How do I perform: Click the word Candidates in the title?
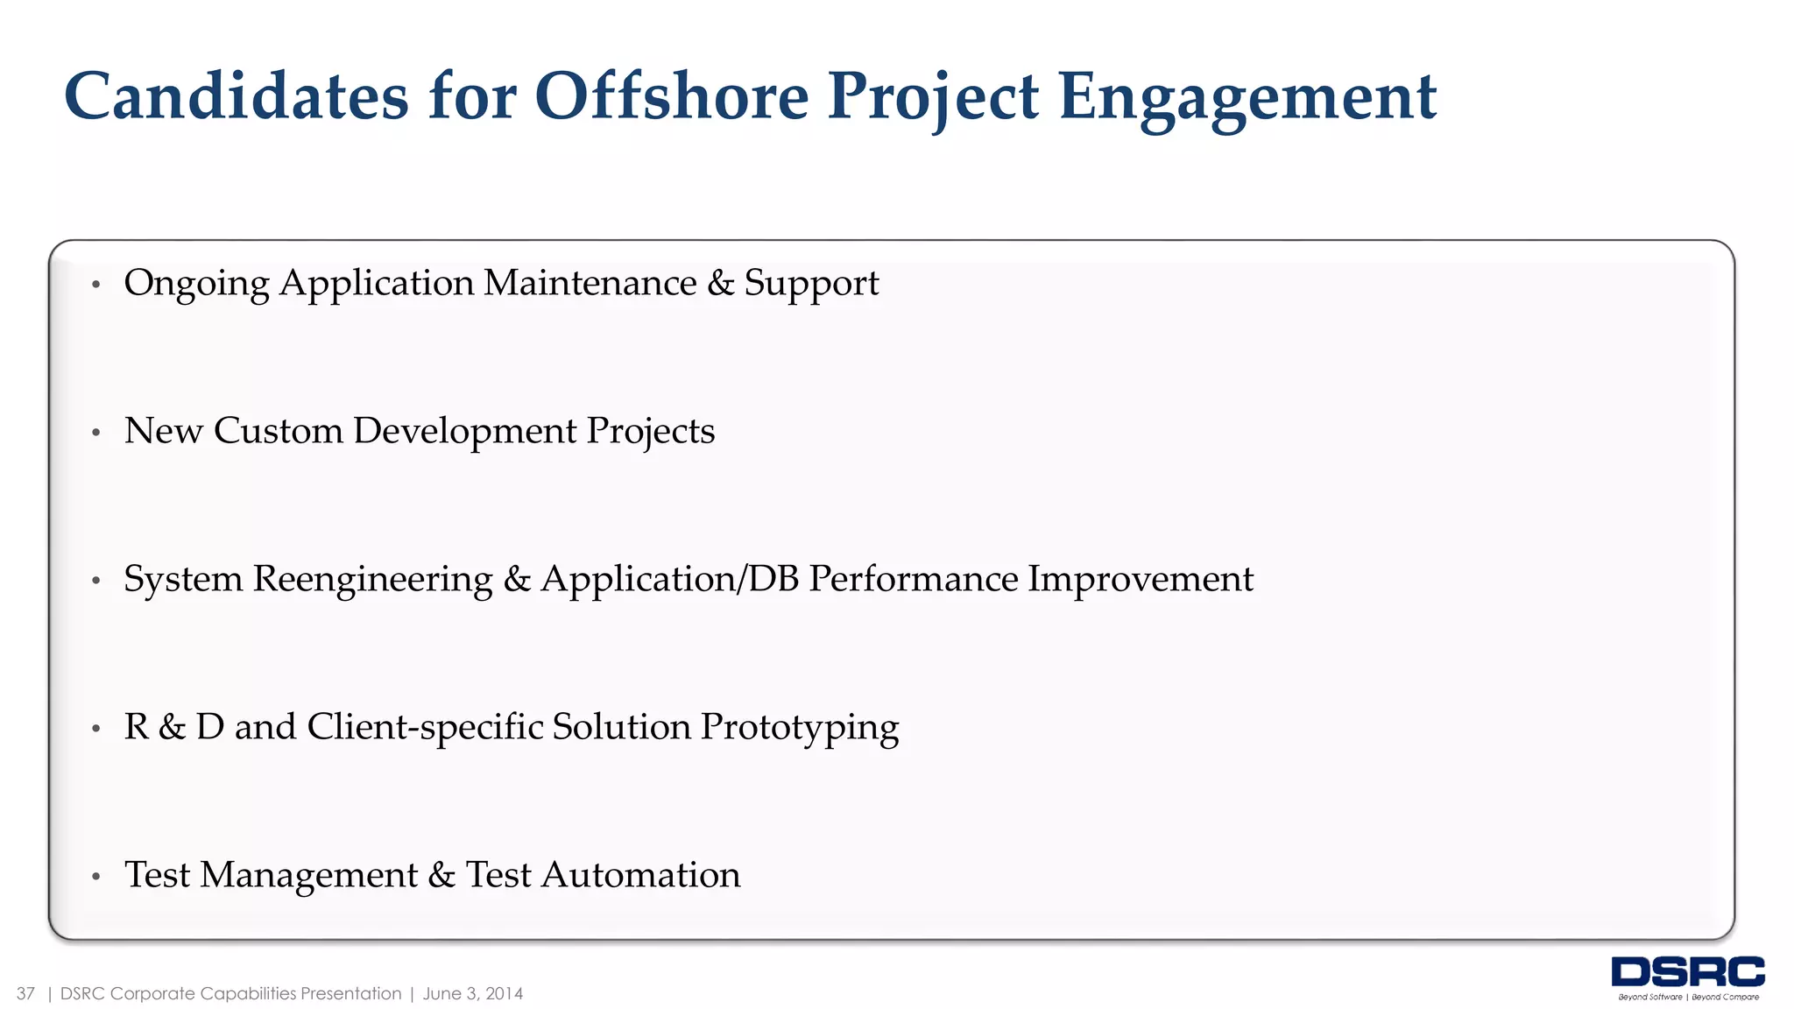(237, 96)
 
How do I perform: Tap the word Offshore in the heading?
(671, 96)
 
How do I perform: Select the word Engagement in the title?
(1247, 98)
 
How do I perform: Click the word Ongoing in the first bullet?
(197, 284)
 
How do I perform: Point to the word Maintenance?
(590, 283)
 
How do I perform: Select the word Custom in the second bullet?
(278, 431)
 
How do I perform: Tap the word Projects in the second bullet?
(650, 432)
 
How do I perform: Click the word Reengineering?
(373, 580)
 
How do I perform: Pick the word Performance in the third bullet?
(913, 579)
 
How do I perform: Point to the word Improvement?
(1141, 579)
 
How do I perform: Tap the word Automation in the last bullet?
(641, 875)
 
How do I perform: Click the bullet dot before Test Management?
(96, 876)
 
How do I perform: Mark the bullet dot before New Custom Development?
(96, 432)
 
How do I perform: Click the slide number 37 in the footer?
(25, 993)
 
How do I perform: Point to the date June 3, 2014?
(473, 993)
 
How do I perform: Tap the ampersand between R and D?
(172, 727)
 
